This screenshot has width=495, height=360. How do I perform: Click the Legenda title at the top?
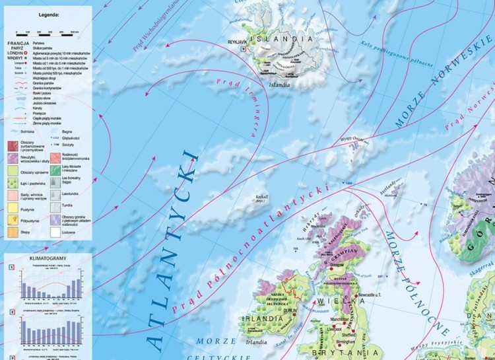click(49, 13)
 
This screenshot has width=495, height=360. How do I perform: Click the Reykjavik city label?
click(238, 40)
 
